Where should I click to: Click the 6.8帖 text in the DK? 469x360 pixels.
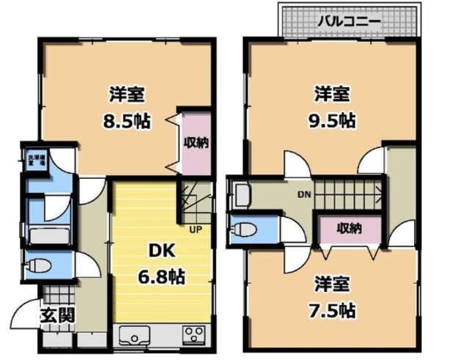click(x=162, y=276)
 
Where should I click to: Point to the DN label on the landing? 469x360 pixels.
click(x=303, y=195)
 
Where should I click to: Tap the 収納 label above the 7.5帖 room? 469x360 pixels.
click(x=350, y=228)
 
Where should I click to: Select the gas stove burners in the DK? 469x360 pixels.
click(x=194, y=335)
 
